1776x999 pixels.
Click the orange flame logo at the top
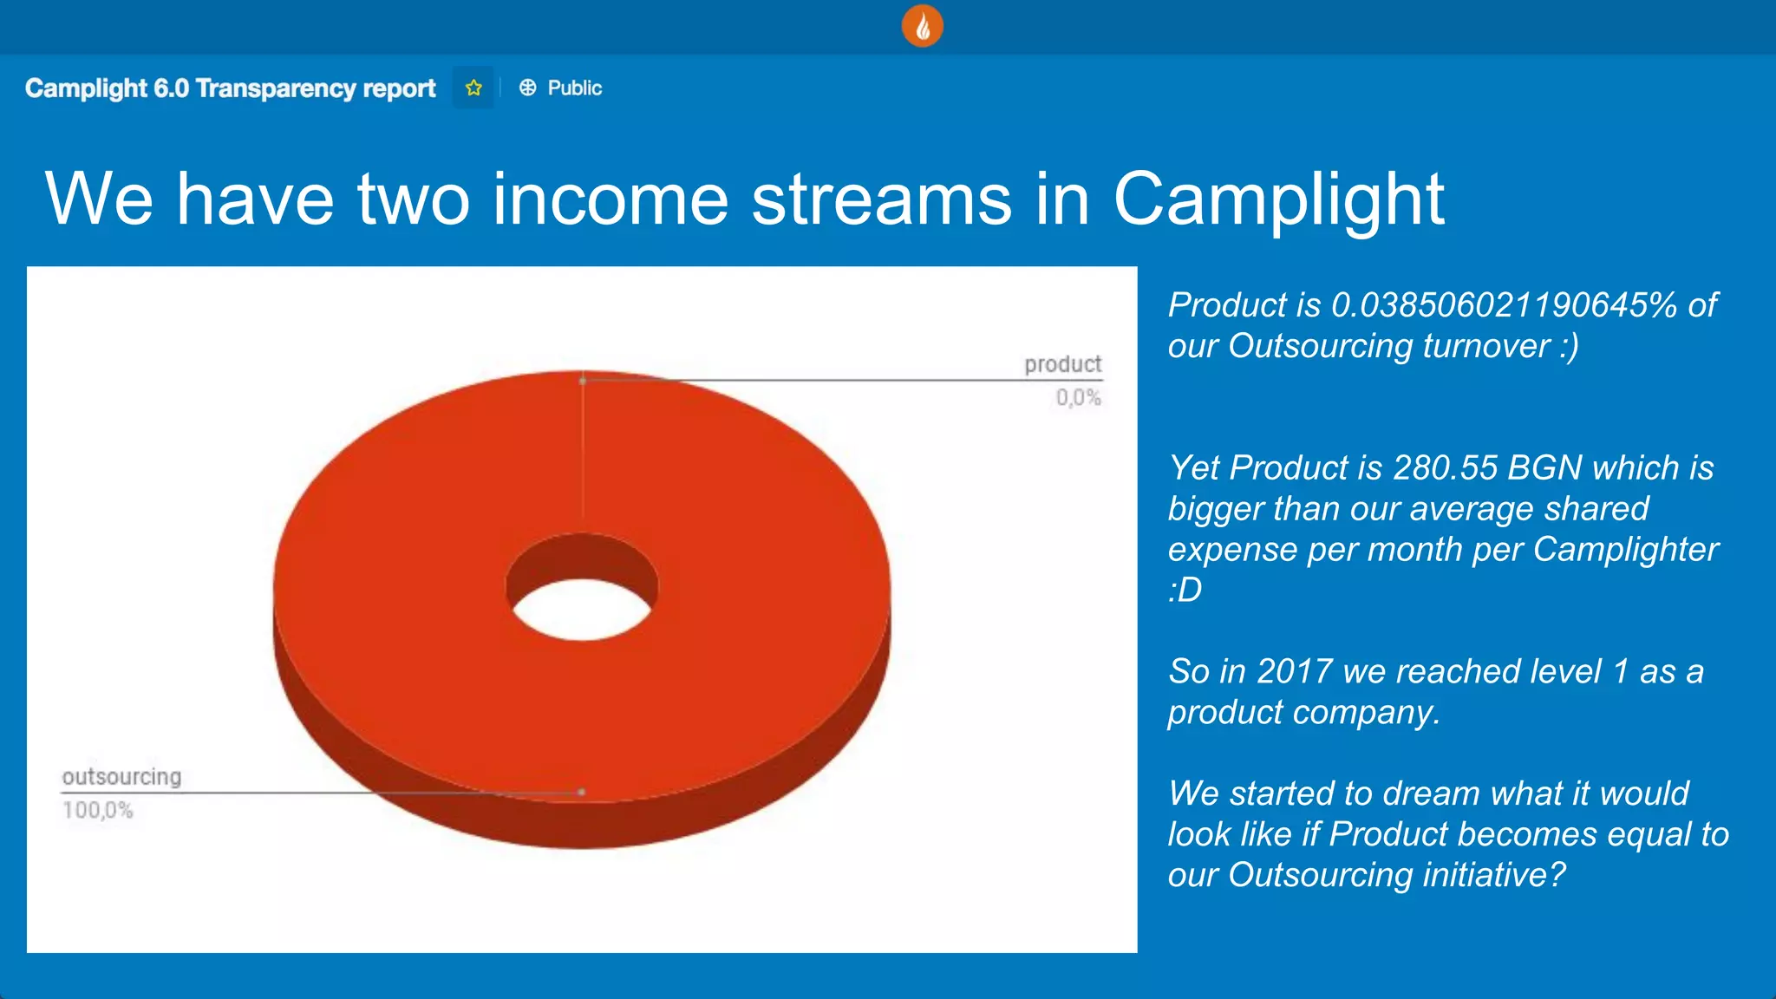click(x=922, y=27)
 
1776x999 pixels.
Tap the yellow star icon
click(x=473, y=88)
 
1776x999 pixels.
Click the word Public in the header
click(x=574, y=88)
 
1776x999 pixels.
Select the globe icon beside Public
click(x=527, y=88)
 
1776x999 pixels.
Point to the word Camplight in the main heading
click(x=1278, y=199)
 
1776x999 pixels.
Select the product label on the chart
click(x=1062, y=363)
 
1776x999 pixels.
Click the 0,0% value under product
click(x=1078, y=398)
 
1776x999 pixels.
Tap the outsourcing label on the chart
click(x=121, y=776)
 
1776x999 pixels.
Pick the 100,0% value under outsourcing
click(x=97, y=811)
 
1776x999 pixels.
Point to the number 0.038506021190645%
click(x=1504, y=304)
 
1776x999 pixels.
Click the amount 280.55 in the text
click(x=1445, y=467)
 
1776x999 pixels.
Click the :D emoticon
click(x=1185, y=591)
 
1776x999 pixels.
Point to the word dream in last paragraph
click(x=1430, y=793)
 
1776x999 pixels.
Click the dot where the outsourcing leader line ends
click(x=582, y=792)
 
